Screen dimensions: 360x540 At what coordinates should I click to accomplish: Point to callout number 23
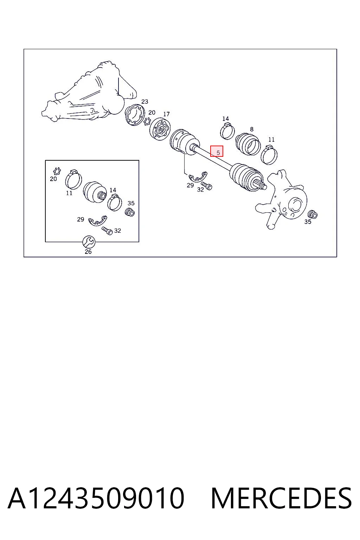[x=145, y=102]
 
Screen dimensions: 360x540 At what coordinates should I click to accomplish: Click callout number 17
[x=166, y=114]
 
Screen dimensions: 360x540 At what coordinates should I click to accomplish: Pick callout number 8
[x=252, y=129]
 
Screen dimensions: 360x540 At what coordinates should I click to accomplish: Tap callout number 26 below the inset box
[x=88, y=251]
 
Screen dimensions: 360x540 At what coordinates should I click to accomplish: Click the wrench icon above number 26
[x=89, y=242]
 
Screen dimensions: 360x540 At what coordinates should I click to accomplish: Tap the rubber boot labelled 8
[x=248, y=144]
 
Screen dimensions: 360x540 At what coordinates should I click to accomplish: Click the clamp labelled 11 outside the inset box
[x=269, y=155]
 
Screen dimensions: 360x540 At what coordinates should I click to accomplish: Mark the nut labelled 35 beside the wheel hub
[x=313, y=214]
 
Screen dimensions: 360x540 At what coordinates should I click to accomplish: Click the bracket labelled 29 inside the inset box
[x=97, y=220]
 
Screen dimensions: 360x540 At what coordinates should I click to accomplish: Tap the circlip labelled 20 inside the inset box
[x=57, y=171]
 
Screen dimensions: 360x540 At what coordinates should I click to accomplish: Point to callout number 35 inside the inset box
[x=131, y=203]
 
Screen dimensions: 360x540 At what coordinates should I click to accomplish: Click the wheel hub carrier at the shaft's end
[x=282, y=200]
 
